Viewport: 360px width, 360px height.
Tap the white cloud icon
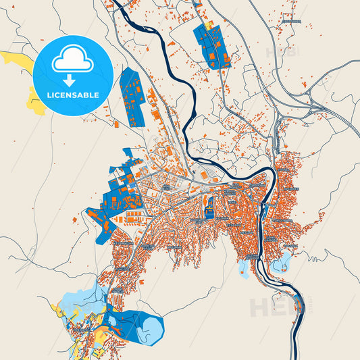pyautogui.click(x=72, y=62)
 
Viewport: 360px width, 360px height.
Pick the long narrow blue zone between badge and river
pyautogui.click(x=132, y=98)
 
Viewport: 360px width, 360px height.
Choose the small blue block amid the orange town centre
pyautogui.click(x=209, y=203)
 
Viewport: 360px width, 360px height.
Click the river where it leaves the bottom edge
pyautogui.click(x=295, y=355)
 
